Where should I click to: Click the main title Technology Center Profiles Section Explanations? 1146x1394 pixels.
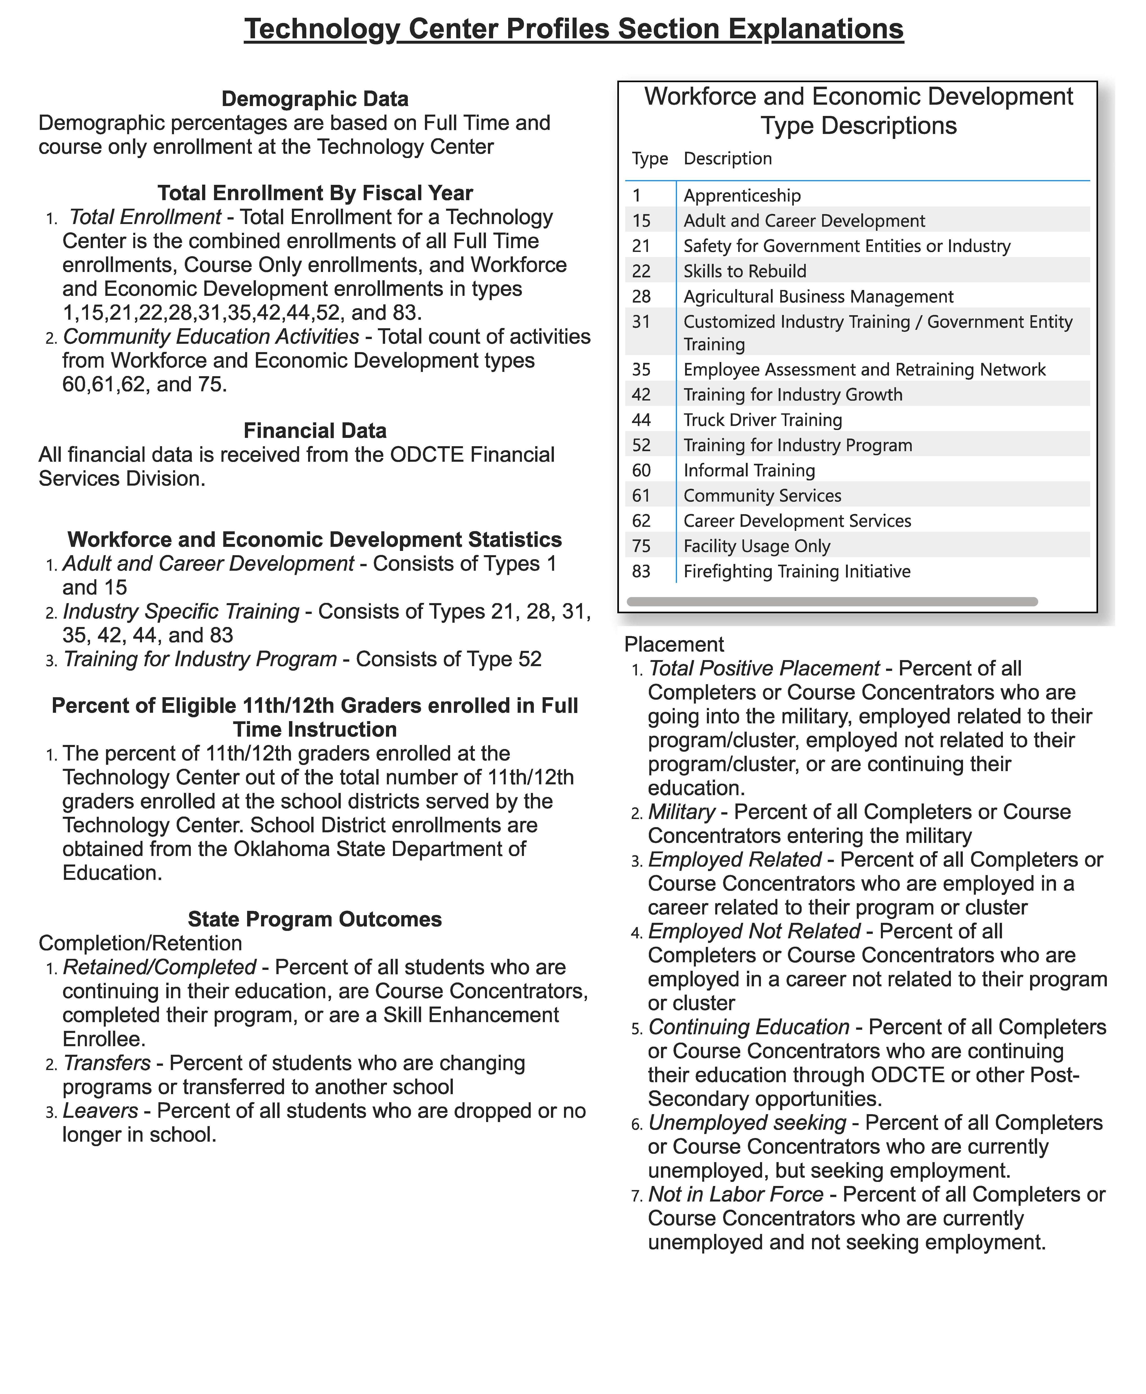[573, 29]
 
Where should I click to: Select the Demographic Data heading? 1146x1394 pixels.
[315, 99]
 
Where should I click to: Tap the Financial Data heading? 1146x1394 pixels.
[315, 430]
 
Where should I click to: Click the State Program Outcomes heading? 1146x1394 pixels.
[315, 919]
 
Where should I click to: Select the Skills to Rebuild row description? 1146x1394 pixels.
[745, 272]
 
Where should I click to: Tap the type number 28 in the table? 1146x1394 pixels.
[641, 296]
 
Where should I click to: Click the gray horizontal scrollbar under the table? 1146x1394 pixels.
[832, 602]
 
